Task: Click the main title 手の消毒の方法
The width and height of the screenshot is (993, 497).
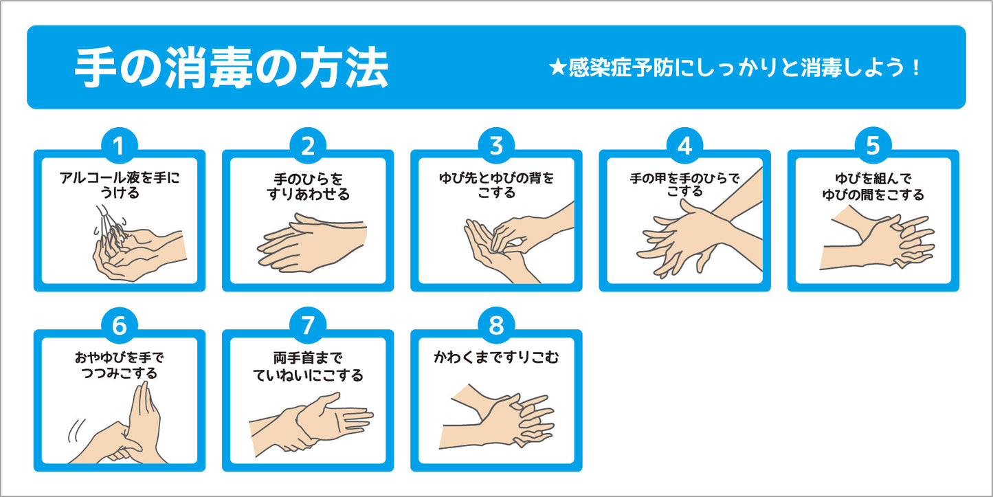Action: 232,68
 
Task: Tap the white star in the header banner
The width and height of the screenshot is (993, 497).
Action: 557,68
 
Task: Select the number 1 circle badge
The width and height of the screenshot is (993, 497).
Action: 120,146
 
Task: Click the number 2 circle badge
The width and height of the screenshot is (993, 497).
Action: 308,146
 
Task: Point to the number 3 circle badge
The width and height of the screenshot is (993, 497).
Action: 496,146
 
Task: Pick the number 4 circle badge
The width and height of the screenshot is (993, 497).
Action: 684,146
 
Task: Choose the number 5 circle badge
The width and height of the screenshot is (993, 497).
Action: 873,146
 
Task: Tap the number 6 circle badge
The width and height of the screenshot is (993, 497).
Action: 120,325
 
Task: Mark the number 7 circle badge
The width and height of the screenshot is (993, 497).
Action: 308,325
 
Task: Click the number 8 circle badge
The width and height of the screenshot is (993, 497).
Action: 496,325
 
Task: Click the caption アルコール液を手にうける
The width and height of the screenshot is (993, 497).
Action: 120,186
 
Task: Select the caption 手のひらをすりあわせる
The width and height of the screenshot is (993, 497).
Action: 308,187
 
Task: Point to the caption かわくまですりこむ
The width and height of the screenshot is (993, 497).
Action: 496,357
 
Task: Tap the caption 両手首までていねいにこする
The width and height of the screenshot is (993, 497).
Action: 308,366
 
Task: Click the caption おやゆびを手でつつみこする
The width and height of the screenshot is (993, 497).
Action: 120,365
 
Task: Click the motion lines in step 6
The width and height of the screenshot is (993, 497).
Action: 76,431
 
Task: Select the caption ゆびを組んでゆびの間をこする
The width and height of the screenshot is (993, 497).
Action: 873,187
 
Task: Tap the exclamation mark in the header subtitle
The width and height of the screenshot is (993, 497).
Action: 916,68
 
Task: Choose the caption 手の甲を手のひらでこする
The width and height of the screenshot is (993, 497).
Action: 685,185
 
